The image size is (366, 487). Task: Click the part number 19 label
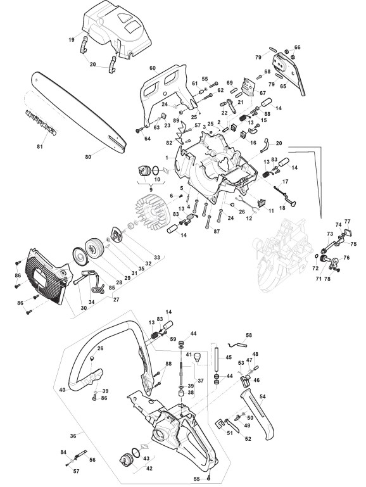click(72, 40)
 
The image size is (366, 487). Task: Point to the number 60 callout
click(153, 68)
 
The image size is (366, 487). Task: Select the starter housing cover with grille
click(47, 276)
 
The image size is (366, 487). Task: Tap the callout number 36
click(73, 436)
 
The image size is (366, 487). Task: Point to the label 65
click(283, 87)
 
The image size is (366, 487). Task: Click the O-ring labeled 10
click(156, 170)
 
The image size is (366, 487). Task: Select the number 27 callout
click(116, 300)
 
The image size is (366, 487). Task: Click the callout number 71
click(319, 279)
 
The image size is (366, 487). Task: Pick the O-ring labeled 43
click(136, 453)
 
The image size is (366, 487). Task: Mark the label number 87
click(217, 231)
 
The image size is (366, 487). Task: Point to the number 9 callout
click(151, 189)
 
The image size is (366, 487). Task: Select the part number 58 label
click(249, 335)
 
